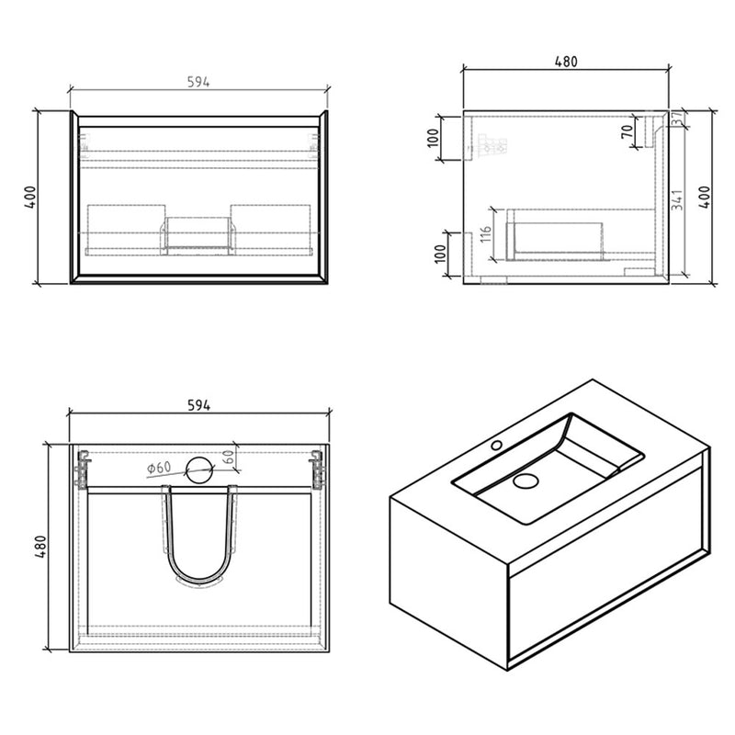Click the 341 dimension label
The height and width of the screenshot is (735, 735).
677,199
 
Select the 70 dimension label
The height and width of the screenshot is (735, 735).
627,130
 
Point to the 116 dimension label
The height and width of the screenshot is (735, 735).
486,233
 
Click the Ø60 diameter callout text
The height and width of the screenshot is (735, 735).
159,468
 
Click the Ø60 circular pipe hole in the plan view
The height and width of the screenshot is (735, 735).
200,469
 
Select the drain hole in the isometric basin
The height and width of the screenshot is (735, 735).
526,481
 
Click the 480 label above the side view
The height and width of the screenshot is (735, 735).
566,62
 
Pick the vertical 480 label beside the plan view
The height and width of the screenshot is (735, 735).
40,547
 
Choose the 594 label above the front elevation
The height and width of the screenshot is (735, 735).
198,82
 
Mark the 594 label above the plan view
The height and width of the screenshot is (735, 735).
198,405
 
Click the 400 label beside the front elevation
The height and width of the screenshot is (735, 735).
30,198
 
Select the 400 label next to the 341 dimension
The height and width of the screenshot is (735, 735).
705,198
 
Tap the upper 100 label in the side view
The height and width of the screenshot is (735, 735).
433,137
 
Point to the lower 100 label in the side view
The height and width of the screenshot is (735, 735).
440,254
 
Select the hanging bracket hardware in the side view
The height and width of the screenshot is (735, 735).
492,145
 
